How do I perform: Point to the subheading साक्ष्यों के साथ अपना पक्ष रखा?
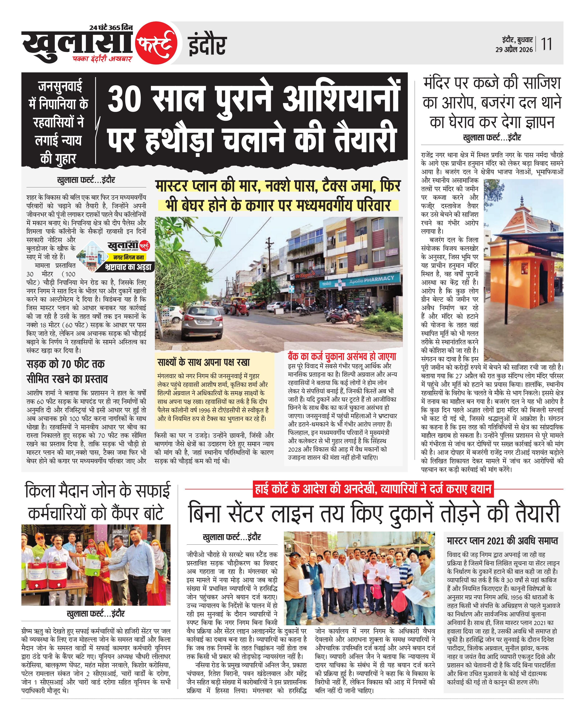click(x=204, y=362)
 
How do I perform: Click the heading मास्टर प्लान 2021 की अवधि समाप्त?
click(x=502, y=541)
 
